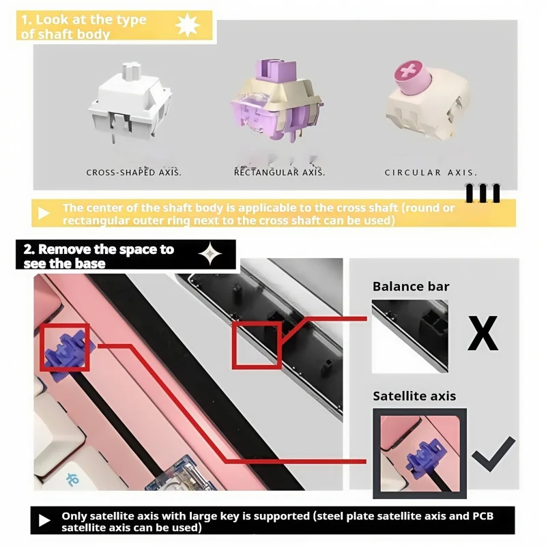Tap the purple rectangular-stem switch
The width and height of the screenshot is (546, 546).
(277, 101)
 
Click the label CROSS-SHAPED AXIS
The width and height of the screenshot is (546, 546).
(134, 173)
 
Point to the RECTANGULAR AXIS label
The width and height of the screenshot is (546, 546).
(279, 173)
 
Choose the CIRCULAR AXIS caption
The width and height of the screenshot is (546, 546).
(431, 173)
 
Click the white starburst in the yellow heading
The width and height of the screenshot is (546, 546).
(187, 25)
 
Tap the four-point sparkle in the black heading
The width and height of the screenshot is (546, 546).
(210, 253)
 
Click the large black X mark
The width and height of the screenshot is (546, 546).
(483, 333)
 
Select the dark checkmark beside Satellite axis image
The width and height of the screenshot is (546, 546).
(493, 454)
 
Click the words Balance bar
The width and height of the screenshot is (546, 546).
(411, 287)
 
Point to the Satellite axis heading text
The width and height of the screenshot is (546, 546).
(414, 396)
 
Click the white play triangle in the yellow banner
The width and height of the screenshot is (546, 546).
(44, 213)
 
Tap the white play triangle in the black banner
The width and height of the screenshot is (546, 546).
(44, 521)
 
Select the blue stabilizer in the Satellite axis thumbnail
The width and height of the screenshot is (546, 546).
(425, 457)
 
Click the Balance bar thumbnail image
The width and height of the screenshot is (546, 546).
(410, 336)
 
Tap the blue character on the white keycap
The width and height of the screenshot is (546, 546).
(72, 479)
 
